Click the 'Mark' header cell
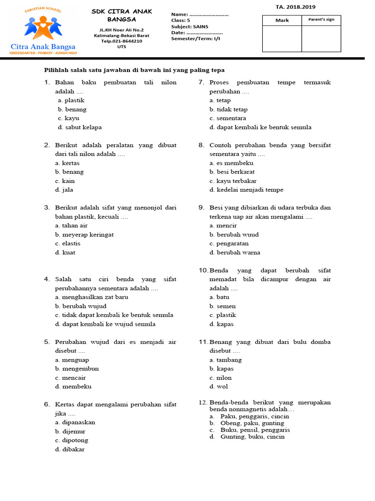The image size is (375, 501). [x=282, y=20]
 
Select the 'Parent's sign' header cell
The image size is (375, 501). [x=321, y=20]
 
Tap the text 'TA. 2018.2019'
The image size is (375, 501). [x=299, y=7]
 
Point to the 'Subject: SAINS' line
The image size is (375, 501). [x=189, y=26]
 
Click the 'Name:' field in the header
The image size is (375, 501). [x=200, y=15]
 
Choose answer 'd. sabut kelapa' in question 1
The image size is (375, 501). [x=80, y=127]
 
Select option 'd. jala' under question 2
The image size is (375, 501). [x=64, y=190]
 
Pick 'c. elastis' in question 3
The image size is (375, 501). [x=68, y=243]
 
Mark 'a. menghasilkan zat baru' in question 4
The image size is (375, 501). [x=92, y=297]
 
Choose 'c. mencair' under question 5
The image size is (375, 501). [x=70, y=378]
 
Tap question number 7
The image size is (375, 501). [x=201, y=82]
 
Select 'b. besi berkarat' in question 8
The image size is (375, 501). [x=232, y=172]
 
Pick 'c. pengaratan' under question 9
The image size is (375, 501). [x=229, y=243]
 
